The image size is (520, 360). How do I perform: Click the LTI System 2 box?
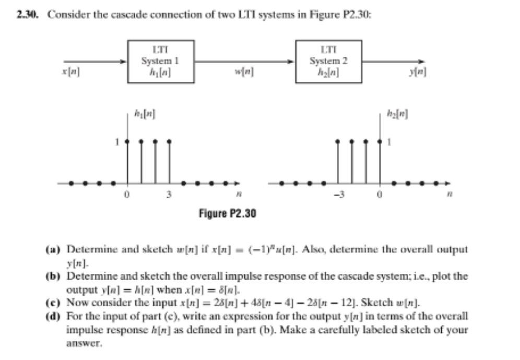(x=328, y=61)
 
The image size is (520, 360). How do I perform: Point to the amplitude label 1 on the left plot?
(x=118, y=141)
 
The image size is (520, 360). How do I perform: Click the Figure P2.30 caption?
(x=228, y=213)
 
